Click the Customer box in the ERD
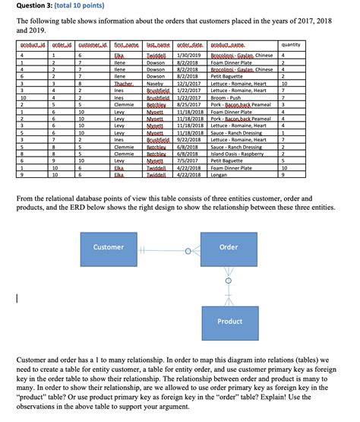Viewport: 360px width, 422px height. click(x=109, y=247)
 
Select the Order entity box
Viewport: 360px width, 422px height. click(x=229, y=247)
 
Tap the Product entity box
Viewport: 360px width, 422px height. click(x=229, y=321)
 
